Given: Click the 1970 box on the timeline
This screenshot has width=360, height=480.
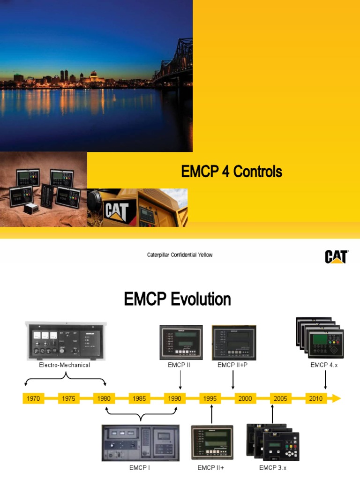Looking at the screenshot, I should pos(33,398).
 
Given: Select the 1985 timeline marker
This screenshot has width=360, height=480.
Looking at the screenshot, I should pos(139,398).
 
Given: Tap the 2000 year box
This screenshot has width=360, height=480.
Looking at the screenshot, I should pos(245,398).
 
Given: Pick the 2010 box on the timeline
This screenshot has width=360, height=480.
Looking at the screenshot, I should pos(316,398).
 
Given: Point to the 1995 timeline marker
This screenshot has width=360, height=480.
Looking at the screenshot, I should pos(210,398).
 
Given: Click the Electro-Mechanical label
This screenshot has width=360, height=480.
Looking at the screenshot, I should pos(65,365).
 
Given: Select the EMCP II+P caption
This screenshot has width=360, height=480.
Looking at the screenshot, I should pos(232,365).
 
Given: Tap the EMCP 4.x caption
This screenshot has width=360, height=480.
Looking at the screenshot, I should pos(324,365).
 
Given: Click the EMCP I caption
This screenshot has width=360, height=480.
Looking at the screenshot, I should pos(139,467).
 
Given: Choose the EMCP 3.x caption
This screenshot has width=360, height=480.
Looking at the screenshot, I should pos(272,467).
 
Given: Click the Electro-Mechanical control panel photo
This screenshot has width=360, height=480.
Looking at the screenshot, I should pos(65,340).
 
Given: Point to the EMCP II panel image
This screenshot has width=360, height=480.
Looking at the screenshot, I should pos(181,342).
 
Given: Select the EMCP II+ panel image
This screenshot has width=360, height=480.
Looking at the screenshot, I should pos(212,442).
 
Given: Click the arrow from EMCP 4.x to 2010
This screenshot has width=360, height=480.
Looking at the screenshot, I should pos(325,380).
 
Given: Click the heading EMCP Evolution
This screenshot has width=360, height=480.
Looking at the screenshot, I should pos(177,299).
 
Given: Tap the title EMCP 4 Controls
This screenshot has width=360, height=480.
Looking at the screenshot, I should pos(232,172).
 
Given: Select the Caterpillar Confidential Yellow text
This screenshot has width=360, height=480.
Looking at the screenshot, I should pos(180,255).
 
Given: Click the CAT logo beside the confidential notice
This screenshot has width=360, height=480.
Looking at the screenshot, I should pos(336,256).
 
